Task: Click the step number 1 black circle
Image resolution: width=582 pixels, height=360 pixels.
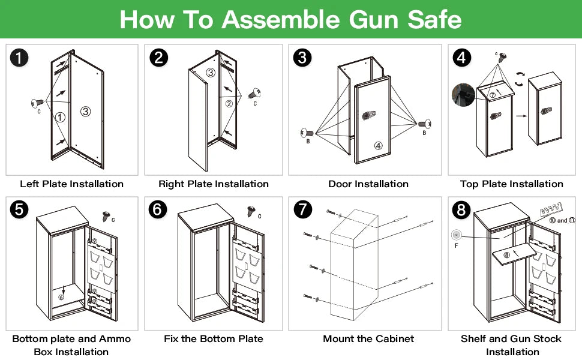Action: tap(19, 58)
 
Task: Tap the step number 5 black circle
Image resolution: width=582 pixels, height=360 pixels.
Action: tap(19, 210)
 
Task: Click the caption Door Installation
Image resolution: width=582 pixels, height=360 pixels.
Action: tap(368, 184)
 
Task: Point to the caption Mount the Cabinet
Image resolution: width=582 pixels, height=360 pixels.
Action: tap(368, 339)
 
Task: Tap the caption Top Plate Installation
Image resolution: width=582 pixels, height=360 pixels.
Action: tap(511, 184)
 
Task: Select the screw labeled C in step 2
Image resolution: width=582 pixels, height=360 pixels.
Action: tap(257, 94)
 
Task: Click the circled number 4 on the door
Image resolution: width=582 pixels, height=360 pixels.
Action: tap(378, 145)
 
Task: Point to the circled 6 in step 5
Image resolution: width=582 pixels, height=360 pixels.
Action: tap(61, 296)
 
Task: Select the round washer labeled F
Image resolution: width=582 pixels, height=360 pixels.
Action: tap(458, 235)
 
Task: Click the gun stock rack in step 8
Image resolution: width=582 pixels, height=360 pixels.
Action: tap(550, 210)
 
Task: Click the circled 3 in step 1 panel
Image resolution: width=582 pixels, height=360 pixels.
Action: tap(86, 112)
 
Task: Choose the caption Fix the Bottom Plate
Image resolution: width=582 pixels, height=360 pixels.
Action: tap(214, 339)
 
